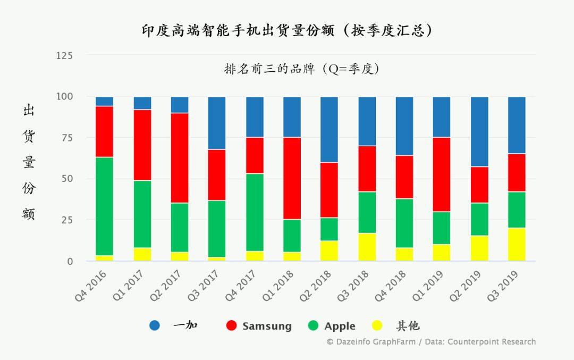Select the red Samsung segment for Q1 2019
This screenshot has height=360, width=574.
(x=442, y=174)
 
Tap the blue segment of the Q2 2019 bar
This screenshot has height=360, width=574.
(x=479, y=132)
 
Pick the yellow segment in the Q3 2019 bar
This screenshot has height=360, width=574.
(x=517, y=244)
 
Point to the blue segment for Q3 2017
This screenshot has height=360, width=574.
(x=217, y=123)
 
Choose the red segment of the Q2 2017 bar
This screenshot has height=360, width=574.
(x=180, y=158)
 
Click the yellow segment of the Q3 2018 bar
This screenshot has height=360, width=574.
(x=367, y=247)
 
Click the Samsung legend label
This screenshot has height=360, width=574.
(x=267, y=326)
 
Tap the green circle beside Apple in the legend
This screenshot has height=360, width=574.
(x=313, y=325)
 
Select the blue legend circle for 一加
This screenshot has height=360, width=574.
(x=155, y=325)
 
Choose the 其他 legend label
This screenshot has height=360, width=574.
(x=408, y=326)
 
